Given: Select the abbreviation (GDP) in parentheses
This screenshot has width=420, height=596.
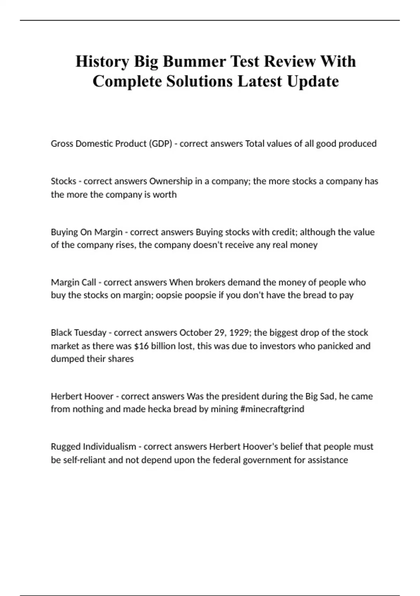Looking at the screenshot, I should click(x=160, y=144).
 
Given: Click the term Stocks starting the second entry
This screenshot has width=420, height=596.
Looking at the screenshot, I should click(x=63, y=181).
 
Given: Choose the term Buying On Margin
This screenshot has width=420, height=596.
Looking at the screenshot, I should click(x=86, y=232).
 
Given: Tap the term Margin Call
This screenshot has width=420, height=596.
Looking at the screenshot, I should click(x=73, y=282).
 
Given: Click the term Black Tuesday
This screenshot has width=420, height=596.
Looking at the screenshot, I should click(x=78, y=333).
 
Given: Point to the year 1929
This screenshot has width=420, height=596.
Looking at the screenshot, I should click(x=237, y=333).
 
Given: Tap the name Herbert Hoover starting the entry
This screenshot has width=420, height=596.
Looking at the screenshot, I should click(x=82, y=397).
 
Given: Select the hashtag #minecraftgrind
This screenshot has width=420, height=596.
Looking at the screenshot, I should click(x=272, y=409).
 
